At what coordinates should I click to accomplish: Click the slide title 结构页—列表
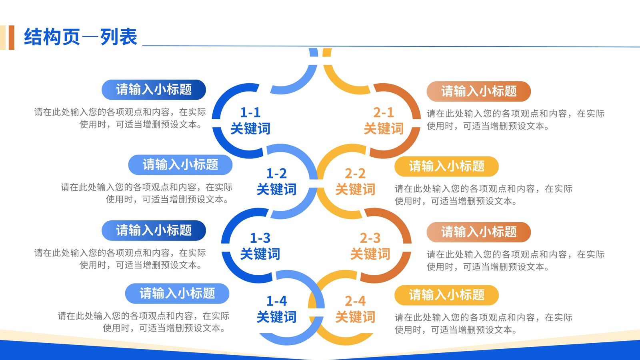(80, 37)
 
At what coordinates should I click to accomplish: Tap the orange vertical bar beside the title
(12, 38)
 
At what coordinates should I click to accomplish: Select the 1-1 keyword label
(250, 120)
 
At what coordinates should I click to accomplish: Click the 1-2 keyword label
(276, 182)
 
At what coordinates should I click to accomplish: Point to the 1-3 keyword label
(260, 246)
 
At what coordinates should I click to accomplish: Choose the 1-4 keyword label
(276, 309)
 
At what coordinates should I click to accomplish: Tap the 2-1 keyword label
(384, 120)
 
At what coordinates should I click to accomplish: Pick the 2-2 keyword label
(355, 182)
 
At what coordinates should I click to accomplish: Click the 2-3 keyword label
(370, 246)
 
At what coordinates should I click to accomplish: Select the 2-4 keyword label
(355, 309)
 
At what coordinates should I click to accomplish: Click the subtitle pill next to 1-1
(154, 90)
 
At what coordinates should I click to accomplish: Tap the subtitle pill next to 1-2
(180, 165)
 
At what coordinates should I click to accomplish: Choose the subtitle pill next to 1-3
(154, 230)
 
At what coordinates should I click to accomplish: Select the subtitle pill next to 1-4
(177, 294)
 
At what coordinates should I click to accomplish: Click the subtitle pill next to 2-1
(478, 92)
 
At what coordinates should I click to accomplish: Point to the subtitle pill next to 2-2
(446, 166)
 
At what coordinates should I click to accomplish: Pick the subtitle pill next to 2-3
(478, 232)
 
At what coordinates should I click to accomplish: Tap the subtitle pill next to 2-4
(446, 295)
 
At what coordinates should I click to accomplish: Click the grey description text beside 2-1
(516, 120)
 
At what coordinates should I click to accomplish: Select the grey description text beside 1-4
(144, 322)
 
